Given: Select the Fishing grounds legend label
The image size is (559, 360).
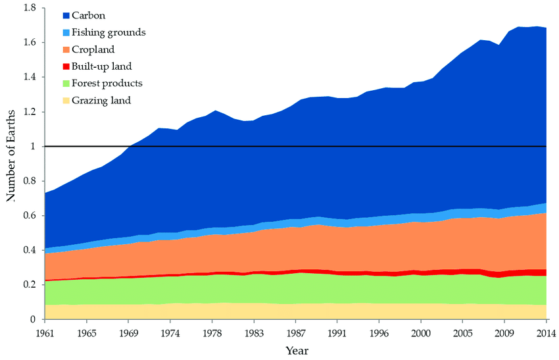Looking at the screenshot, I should click(x=109, y=32).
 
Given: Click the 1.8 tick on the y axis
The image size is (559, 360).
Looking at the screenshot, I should click(x=29, y=8).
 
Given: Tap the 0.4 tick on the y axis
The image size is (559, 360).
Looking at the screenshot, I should click(x=29, y=250).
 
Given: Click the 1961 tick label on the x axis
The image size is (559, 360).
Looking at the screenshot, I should click(x=45, y=333).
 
